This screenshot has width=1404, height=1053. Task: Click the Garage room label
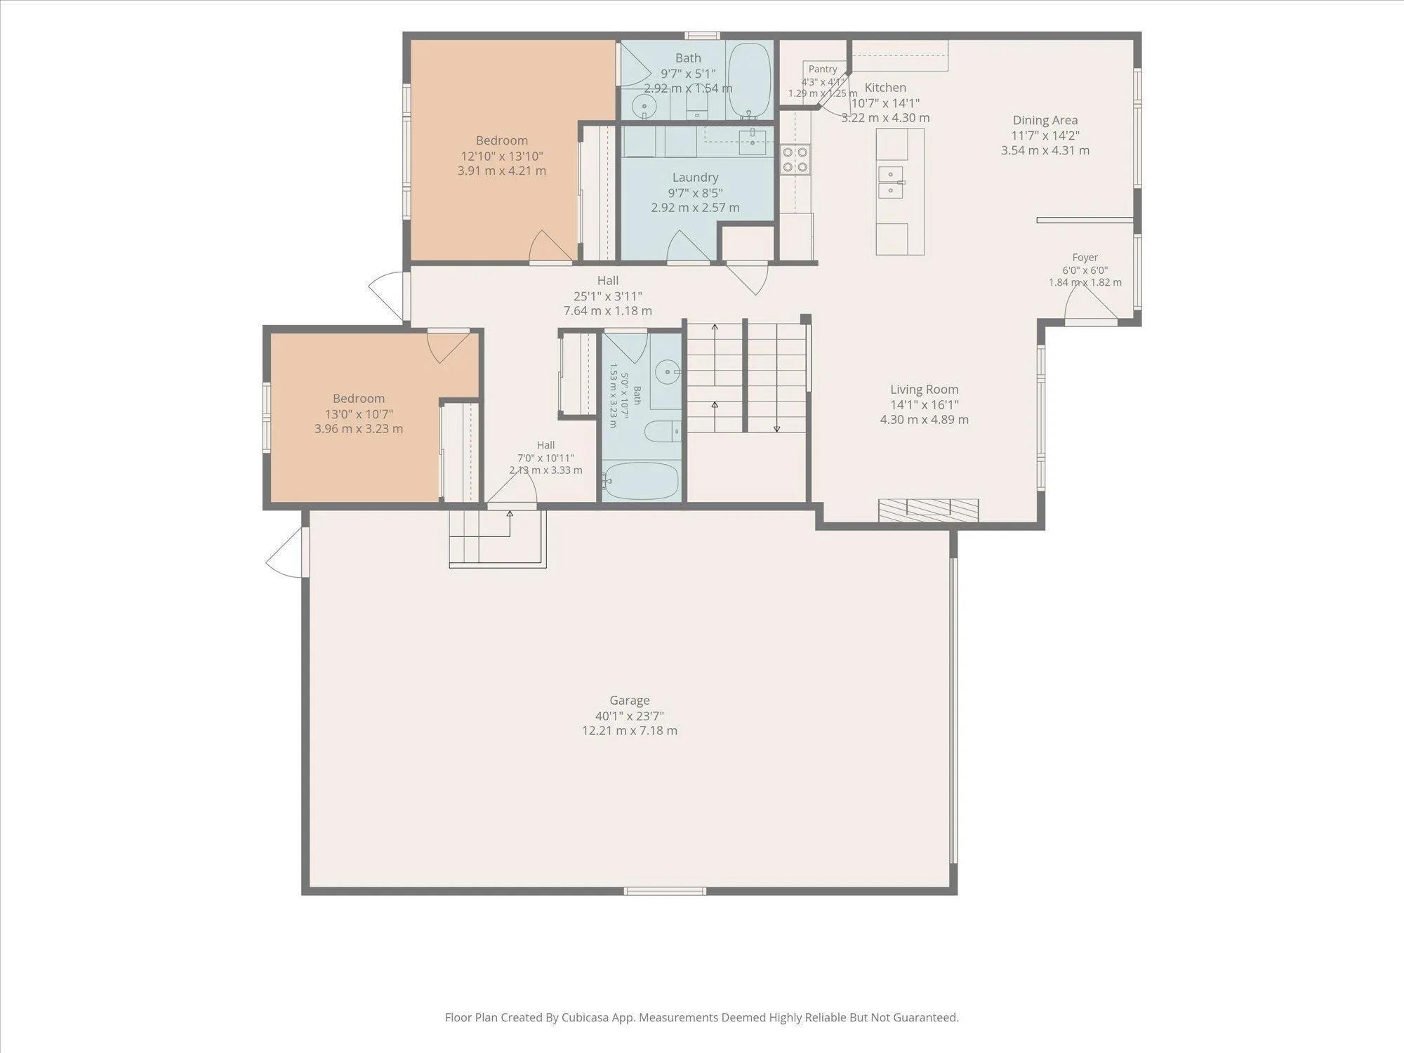coord(629,700)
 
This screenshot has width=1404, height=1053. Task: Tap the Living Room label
coord(924,389)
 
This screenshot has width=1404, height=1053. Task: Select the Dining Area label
coord(1045,120)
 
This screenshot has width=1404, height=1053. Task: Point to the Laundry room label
coord(695,178)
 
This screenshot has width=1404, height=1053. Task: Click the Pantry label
coord(823,69)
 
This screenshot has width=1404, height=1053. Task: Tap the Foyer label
coord(1085,258)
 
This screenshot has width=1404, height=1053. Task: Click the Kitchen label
coord(885,88)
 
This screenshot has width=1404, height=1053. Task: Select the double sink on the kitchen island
coord(891,182)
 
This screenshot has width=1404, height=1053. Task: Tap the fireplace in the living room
coord(928,510)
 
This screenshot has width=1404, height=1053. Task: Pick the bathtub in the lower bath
coord(641,480)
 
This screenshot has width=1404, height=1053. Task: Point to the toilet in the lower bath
coord(661,431)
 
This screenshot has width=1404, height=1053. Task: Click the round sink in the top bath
coord(644,107)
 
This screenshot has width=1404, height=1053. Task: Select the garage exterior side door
coord(289,552)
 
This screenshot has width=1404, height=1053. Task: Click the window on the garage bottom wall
coord(665,891)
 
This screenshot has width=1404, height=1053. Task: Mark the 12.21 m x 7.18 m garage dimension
coord(629,730)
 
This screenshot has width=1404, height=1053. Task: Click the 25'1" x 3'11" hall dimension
coord(607,296)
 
